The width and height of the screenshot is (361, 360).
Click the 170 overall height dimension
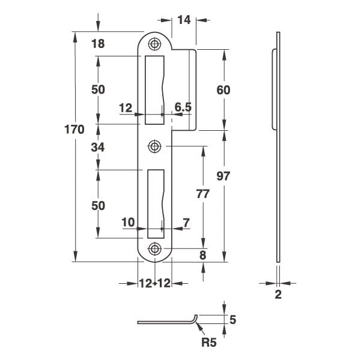click(74, 129)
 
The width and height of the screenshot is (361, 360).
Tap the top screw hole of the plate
click(154, 44)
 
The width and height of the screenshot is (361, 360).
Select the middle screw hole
click(154, 146)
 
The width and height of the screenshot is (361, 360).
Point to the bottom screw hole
click(154, 248)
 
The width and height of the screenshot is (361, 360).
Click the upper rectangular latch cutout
click(154, 90)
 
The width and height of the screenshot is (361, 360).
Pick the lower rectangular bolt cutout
click(156, 204)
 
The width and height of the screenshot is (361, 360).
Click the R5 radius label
click(209, 343)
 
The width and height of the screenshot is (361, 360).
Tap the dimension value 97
click(223, 176)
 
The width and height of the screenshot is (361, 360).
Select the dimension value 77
click(203, 194)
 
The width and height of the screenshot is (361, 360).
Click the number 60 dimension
click(223, 90)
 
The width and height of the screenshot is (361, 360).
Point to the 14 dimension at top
click(184, 20)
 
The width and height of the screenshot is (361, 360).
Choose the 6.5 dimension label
click(183, 107)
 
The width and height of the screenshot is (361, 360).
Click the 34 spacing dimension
click(98, 147)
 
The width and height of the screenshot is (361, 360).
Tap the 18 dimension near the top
click(98, 44)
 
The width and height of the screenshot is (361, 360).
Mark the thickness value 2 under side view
click(278, 294)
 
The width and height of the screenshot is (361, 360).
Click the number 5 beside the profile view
click(233, 320)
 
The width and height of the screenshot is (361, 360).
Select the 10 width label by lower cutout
click(128, 223)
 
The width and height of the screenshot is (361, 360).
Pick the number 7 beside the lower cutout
click(186, 223)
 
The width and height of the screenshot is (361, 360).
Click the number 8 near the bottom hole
click(202, 255)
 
